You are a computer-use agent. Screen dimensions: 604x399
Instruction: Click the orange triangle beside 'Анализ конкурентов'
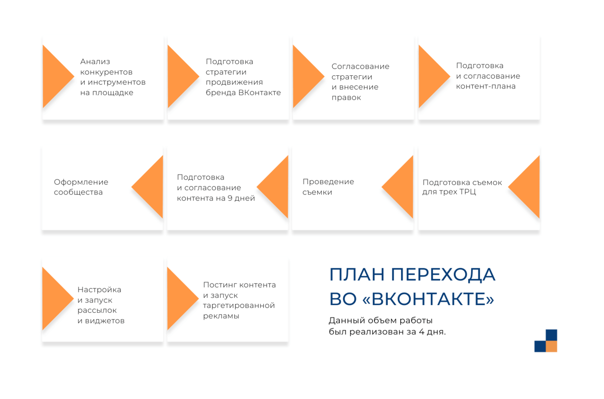[x=55, y=76]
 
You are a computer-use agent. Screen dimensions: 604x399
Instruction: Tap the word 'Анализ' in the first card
[x=95, y=62]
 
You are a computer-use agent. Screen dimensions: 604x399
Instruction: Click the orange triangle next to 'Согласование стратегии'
[x=306, y=76]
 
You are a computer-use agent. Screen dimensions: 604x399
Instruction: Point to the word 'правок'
[x=346, y=98]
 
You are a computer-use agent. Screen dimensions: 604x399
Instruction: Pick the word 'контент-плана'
[x=485, y=86]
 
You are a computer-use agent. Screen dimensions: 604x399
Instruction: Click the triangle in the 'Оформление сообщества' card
[x=150, y=187]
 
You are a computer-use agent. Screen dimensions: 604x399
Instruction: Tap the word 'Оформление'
[x=81, y=182]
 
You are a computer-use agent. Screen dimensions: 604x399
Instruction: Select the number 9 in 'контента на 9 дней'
[x=230, y=199]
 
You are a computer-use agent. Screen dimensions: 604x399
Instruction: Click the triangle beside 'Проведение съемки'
[x=400, y=187]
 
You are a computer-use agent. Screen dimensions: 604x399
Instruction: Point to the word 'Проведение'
[x=328, y=182]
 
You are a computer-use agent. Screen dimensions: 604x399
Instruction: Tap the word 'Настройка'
[x=99, y=290]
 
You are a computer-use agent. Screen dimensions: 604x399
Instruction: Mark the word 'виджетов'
[x=105, y=321]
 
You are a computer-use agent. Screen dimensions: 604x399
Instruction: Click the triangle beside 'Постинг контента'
[x=180, y=299]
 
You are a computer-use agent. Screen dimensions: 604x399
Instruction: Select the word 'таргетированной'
[x=239, y=306]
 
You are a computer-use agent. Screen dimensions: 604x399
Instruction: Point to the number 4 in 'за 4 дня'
[x=421, y=332]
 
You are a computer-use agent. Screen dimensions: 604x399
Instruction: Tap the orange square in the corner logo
[x=551, y=346]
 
